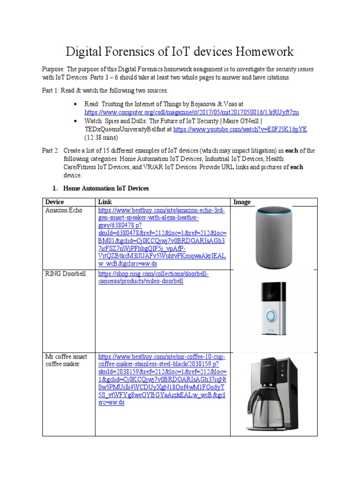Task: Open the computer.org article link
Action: pyautogui.click(x=192, y=112)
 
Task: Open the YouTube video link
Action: pyautogui.click(x=240, y=129)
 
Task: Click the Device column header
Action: pyautogui.click(x=54, y=202)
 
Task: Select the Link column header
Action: pyautogui.click(x=104, y=202)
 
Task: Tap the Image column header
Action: pyautogui.click(x=242, y=202)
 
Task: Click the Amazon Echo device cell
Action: pyautogui.click(x=64, y=210)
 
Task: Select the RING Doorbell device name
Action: pyautogui.click(x=66, y=274)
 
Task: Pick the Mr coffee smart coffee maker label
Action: pyautogui.click(x=66, y=360)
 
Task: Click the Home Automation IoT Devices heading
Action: pyautogui.click(x=106, y=188)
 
